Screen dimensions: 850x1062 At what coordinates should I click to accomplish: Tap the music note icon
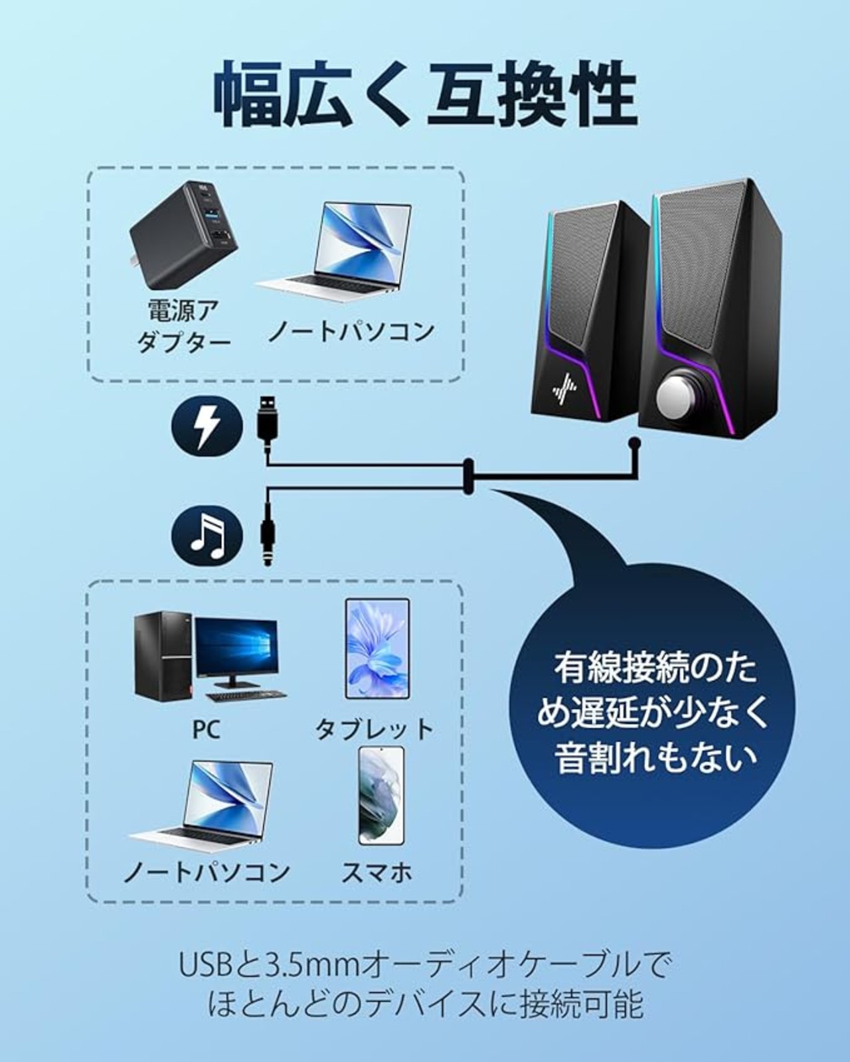(x=207, y=536)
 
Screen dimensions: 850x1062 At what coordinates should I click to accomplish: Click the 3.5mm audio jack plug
(x=268, y=540)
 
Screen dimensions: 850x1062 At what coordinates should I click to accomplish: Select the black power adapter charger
(x=184, y=236)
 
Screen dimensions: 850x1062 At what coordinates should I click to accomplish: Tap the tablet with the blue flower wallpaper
(x=377, y=649)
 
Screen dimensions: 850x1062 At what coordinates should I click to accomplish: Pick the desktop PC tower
(x=163, y=653)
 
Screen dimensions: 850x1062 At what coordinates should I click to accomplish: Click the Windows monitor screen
(x=236, y=647)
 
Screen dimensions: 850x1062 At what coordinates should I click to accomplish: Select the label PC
(x=206, y=730)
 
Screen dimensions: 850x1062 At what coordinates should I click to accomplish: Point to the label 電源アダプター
(x=183, y=326)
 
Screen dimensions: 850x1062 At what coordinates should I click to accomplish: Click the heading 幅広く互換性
(x=426, y=94)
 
